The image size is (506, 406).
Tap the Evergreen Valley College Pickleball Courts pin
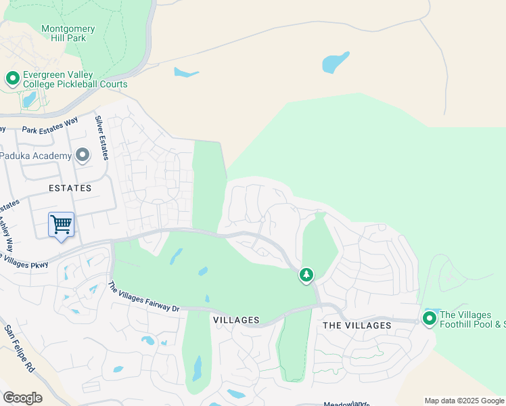[12, 79]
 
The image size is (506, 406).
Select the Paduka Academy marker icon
[83, 156]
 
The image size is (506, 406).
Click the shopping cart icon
[61, 224]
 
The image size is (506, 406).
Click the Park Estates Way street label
[50, 125]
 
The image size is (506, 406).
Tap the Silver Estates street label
[101, 137]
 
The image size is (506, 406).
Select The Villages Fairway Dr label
[143, 298]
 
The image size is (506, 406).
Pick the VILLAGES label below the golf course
[236, 319]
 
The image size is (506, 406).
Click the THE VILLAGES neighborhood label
[356, 325]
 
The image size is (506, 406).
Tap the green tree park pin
[306, 275]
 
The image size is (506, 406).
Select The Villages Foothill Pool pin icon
[429, 317]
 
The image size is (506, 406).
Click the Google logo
[22, 398]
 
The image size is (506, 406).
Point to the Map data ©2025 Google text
[463, 401]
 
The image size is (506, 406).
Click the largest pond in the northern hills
[336, 62]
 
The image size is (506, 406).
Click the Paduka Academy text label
[36, 156]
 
